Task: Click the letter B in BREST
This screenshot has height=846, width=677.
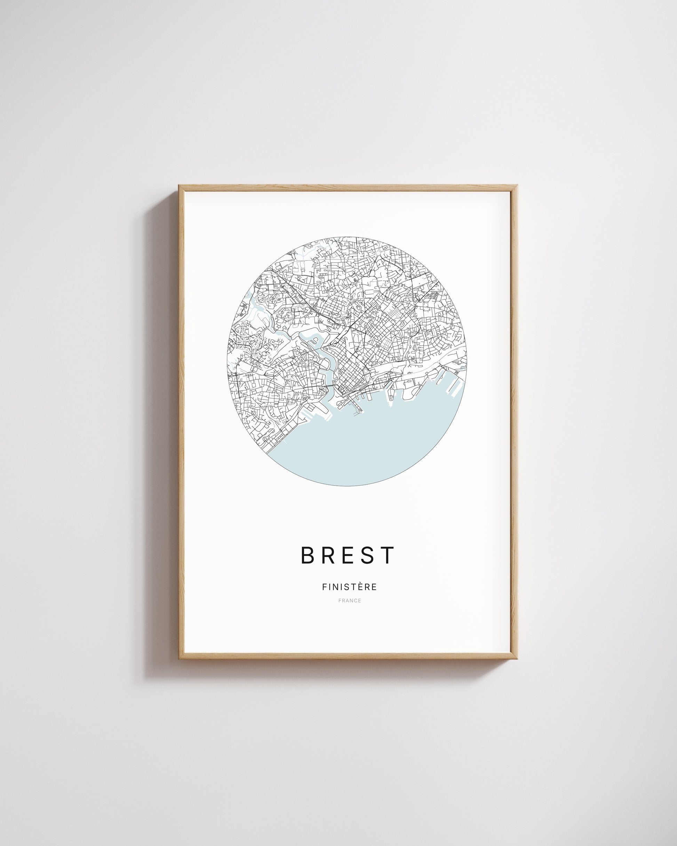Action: pyautogui.click(x=308, y=555)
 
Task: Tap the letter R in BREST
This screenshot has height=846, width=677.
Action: pyautogui.click(x=328, y=555)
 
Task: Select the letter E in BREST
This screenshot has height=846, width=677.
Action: pyautogui.click(x=348, y=555)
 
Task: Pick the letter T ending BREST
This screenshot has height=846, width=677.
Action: pyautogui.click(x=387, y=555)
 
